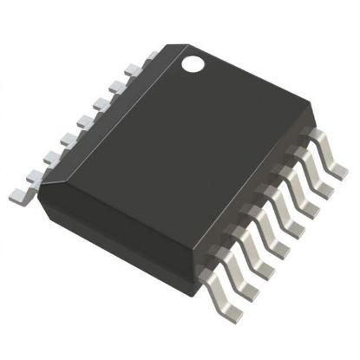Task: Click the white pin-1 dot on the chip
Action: coord(193,62)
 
